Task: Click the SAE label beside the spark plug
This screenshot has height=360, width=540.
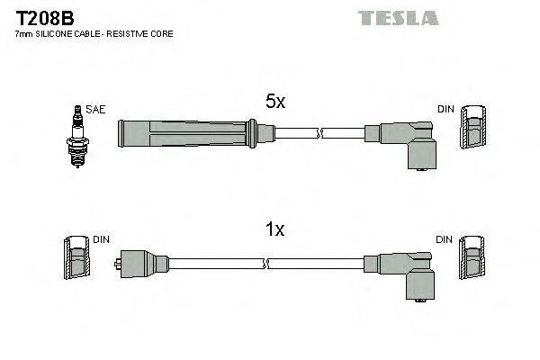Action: (x=95, y=109)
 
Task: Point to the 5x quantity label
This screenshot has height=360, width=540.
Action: (x=274, y=103)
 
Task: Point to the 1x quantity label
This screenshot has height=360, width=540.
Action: (x=274, y=230)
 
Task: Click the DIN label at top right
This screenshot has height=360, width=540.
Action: (x=445, y=109)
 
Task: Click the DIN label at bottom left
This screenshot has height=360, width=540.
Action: (x=101, y=239)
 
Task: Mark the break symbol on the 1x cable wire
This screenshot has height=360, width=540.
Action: (x=266, y=263)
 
